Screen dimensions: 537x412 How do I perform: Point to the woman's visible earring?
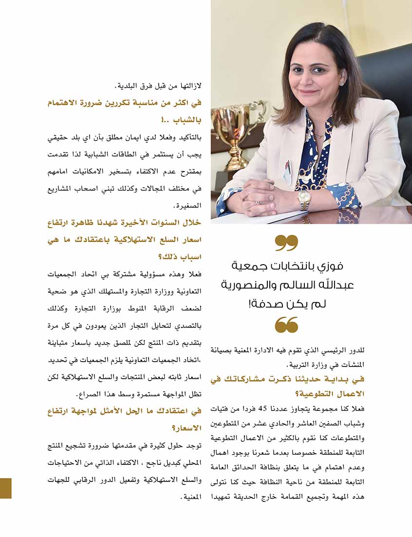click(x=342, y=83)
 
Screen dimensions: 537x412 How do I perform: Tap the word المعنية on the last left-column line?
click(x=190, y=498)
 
